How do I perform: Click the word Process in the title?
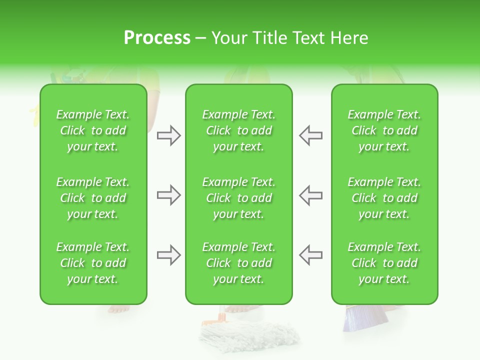[157, 38]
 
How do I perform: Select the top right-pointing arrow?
[168, 135]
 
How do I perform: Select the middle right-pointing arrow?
[168, 195]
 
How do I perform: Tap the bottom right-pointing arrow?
[168, 255]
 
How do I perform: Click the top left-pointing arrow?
[310, 135]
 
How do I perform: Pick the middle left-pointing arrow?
[310, 195]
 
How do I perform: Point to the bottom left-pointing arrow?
[310, 255]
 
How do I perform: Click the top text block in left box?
[93, 130]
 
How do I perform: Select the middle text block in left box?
[93, 198]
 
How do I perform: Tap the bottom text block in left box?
[93, 263]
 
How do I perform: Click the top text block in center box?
[238, 130]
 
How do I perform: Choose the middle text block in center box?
[238, 198]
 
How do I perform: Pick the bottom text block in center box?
[238, 263]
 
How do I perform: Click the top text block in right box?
[384, 130]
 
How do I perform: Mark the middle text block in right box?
[384, 198]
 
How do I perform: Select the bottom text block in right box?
[384, 263]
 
